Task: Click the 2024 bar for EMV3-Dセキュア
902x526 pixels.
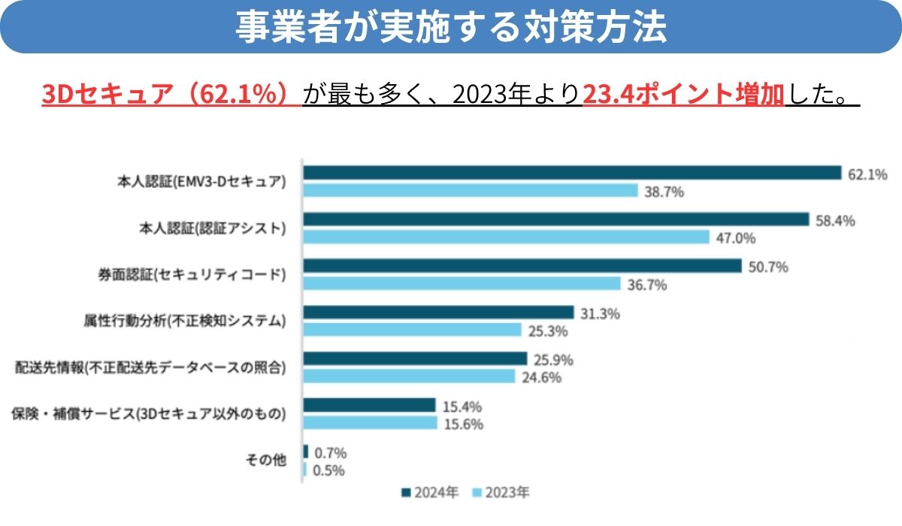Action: click(x=571, y=173)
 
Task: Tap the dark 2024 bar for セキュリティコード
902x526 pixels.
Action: click(x=522, y=266)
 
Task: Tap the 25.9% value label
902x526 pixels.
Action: click(x=553, y=360)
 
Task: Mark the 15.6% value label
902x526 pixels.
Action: click(x=463, y=424)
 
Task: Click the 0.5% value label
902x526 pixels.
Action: click(x=329, y=470)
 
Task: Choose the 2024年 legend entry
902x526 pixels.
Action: click(x=431, y=494)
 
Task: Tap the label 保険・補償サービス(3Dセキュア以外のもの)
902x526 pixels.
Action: click(x=149, y=414)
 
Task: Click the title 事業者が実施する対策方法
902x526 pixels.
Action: click(x=451, y=27)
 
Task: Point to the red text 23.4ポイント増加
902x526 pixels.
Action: click(x=683, y=95)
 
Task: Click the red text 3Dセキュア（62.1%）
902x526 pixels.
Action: click(x=171, y=95)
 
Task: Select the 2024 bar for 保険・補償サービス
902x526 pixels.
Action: click(x=369, y=406)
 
